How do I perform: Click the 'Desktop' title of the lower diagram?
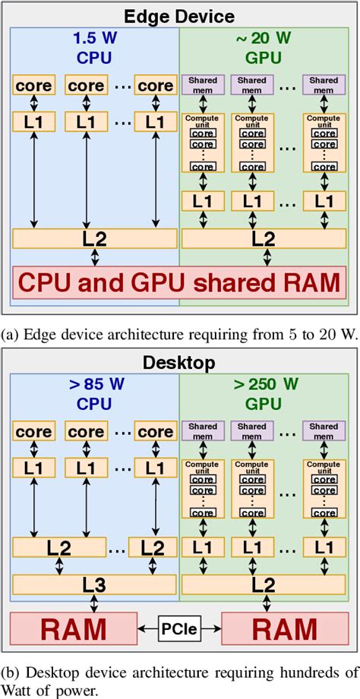179,362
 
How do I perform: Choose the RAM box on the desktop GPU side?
286,629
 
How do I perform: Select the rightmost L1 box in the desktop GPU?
324,547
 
